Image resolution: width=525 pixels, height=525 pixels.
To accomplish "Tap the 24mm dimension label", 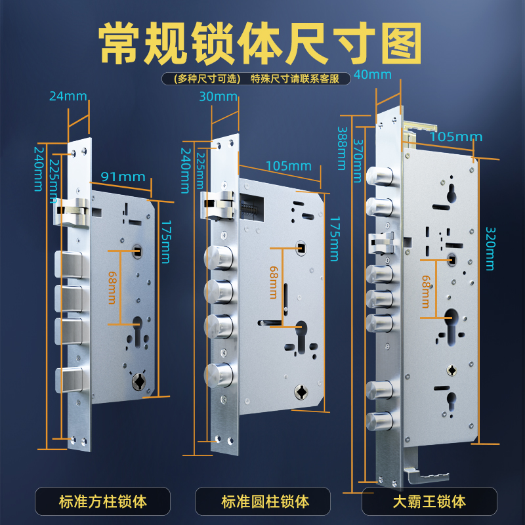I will (68, 96).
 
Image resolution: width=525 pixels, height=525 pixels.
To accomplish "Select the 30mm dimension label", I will (217, 96).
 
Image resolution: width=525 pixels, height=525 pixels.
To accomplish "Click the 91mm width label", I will (123, 177).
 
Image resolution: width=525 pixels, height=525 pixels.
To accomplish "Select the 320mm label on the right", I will (490, 248).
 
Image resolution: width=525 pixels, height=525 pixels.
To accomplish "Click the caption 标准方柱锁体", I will (103, 502).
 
